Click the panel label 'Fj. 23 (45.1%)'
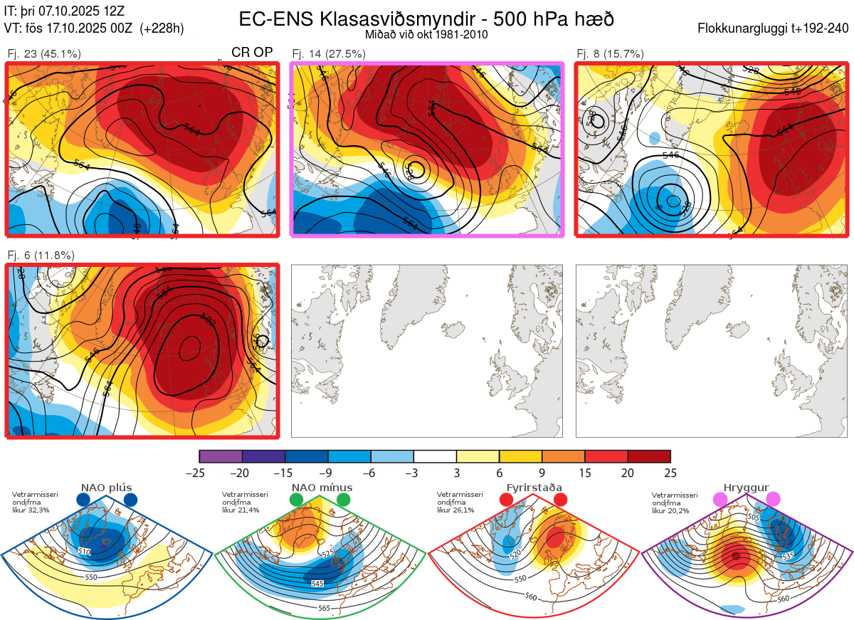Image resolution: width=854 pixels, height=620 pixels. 44,53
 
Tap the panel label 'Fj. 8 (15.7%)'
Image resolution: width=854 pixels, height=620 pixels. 610,53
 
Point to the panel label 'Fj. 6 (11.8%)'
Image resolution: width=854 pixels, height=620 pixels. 41,255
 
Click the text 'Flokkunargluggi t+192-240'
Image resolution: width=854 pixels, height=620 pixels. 774,28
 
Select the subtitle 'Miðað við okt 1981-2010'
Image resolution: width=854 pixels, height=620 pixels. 426,34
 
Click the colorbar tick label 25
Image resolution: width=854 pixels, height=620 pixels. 670,473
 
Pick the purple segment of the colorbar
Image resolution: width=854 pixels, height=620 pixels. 221,456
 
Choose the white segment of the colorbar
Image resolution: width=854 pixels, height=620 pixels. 435,456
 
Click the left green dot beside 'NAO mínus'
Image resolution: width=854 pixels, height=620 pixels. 297,500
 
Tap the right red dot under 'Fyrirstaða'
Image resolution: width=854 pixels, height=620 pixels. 560,500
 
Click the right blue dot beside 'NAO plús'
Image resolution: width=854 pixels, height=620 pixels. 130,500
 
